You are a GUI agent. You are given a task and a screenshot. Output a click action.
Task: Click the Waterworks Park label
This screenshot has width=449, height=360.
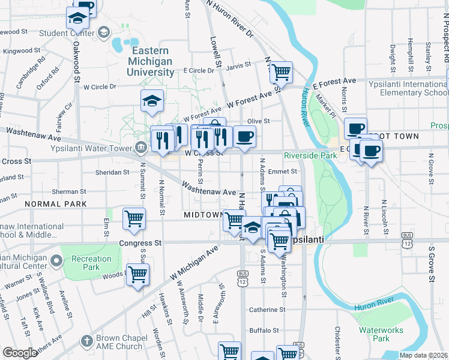[x=382, y=334]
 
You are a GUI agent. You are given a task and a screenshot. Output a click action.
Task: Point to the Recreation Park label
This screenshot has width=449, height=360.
[x=91, y=263]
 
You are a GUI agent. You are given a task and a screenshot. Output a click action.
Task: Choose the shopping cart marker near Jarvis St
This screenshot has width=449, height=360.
[x=280, y=73]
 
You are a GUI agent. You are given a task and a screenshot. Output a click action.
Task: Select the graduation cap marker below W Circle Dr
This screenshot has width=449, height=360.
[x=152, y=101]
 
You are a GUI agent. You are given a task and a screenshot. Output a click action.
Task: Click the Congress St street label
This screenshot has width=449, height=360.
[x=140, y=243]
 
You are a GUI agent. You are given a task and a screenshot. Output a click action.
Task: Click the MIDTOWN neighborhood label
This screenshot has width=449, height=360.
[x=203, y=214]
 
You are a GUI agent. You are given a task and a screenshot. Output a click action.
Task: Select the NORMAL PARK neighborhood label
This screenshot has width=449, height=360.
[x=56, y=204]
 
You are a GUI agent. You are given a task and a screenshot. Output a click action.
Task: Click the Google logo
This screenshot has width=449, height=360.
[x=20, y=353]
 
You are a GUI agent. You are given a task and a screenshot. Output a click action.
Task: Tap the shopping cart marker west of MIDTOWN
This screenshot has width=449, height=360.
[x=134, y=219]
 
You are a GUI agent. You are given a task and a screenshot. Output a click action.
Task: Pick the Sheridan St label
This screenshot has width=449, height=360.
[x=112, y=172]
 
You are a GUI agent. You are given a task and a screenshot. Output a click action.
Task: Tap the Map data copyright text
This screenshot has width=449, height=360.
[x=424, y=355]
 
